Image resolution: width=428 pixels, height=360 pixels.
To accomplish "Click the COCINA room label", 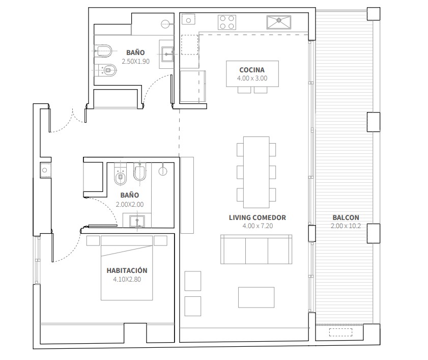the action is [x=252, y=70].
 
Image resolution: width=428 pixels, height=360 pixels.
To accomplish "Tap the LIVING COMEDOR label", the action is [x=257, y=218].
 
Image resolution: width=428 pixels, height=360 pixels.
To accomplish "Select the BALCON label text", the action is [x=346, y=218].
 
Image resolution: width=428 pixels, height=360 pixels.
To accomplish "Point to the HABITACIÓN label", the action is [x=127, y=270].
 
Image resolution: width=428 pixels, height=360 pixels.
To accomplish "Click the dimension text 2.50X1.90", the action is [x=136, y=62].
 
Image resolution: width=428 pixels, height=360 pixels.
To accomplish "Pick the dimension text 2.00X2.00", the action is [x=130, y=204].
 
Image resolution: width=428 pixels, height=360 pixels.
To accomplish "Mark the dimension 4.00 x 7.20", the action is [x=258, y=226].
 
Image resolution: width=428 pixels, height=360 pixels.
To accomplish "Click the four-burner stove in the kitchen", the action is [x=227, y=22].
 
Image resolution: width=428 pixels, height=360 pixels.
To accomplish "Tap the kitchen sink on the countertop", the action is [x=279, y=22].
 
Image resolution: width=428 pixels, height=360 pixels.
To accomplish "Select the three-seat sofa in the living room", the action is [x=256, y=249].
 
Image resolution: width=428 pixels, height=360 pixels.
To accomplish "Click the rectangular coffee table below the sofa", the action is [x=256, y=297].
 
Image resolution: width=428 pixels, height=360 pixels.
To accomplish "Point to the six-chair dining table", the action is [x=256, y=172].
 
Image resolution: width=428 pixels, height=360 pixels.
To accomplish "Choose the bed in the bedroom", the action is [x=127, y=268].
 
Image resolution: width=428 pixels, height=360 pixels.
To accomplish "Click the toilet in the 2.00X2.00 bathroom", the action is [x=121, y=174].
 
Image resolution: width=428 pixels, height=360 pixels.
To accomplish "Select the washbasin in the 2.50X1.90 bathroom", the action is [x=167, y=54].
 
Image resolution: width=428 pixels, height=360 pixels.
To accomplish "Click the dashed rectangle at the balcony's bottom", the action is [x=340, y=332].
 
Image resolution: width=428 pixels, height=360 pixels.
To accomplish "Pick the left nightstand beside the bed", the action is [x=93, y=241].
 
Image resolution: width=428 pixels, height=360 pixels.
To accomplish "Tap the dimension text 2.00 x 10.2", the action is [x=346, y=226].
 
